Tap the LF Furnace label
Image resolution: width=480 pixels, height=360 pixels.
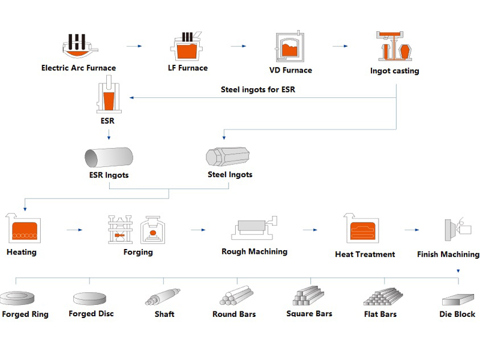click(187, 68)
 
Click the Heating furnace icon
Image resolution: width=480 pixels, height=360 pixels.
click(22, 228)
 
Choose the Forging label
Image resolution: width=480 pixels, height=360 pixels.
click(138, 252)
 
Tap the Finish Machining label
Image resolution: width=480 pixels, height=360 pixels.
click(448, 254)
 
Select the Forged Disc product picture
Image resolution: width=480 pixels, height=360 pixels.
click(91, 298)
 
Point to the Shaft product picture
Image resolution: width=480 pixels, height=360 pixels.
click(163, 297)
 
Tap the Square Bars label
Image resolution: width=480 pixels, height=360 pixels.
click(309, 314)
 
